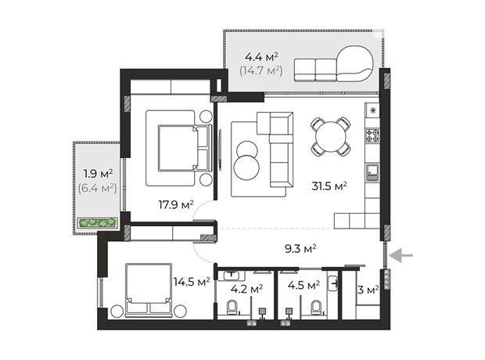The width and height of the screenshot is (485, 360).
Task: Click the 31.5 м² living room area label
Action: (329, 186)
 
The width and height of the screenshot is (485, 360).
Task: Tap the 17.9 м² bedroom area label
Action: (176, 204)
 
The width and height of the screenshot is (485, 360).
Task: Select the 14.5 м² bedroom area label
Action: (192, 282)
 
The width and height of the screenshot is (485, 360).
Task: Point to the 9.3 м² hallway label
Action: (300, 248)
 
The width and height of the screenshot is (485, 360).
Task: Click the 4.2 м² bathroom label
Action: (247, 289)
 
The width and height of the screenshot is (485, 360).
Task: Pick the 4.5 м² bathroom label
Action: (304, 285)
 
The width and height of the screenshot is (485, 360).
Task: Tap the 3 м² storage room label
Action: (368, 290)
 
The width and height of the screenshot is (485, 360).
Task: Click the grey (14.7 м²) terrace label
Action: (261, 71)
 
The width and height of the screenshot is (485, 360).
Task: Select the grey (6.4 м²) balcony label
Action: (98, 188)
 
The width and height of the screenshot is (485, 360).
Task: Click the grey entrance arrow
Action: (401, 255)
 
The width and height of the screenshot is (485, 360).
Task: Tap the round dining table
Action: (331, 136)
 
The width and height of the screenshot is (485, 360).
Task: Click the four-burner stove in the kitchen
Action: (372, 135)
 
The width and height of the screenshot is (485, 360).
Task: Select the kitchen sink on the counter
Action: (372, 172)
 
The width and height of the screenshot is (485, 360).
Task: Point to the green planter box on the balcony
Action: (98, 222)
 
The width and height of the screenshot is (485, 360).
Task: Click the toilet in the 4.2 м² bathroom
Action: (232, 307)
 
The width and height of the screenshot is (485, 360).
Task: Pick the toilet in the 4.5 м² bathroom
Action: (316, 307)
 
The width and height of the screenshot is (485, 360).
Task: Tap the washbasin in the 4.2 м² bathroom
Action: (231, 275)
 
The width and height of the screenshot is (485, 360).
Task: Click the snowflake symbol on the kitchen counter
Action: (373, 110)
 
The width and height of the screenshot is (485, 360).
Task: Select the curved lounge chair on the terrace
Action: (355, 63)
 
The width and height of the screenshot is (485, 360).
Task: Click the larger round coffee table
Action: (246, 167)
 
